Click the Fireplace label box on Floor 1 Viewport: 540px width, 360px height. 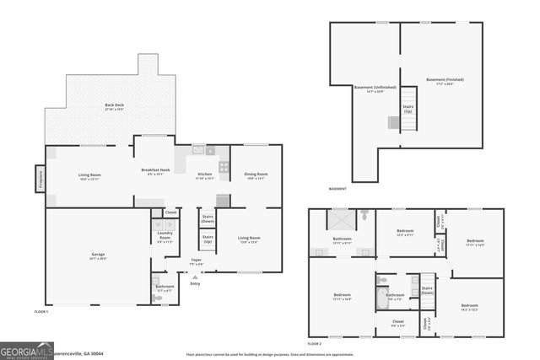pyautogui.click(x=39, y=180)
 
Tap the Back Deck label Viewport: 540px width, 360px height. pyautogui.click(x=102, y=108)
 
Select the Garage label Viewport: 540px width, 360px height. pyautogui.click(x=99, y=256)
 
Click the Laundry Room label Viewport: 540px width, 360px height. pyautogui.click(x=165, y=239)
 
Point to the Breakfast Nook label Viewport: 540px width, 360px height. pyautogui.click(x=155, y=174)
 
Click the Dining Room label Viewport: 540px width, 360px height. pyautogui.click(x=256, y=177)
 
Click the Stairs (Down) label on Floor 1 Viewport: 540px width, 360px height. pyautogui.click(x=208, y=218)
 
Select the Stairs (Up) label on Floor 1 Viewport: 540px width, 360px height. pyautogui.click(x=208, y=239)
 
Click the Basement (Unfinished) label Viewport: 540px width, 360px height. pyautogui.click(x=369, y=89)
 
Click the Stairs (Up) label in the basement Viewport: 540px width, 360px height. pyautogui.click(x=408, y=108)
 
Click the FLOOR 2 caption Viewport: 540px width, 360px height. pyautogui.click(x=314, y=344)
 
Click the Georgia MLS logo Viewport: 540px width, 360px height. pyautogui.click(x=27, y=347)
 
